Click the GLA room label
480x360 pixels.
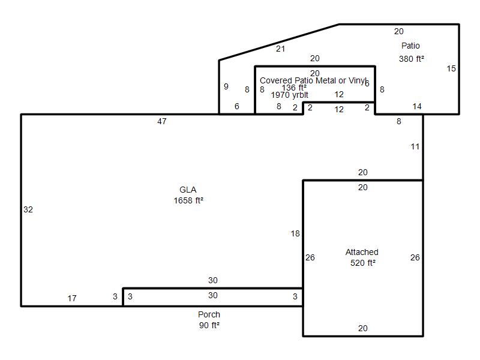coord(188,190)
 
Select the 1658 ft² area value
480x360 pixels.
coord(188,200)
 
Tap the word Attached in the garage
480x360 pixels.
coord(362,252)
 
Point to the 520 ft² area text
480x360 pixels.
coord(363,263)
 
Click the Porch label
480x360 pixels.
coord(209,314)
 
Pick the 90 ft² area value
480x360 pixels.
coord(209,325)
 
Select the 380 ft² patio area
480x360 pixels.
coord(412,59)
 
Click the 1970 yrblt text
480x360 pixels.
coord(290,95)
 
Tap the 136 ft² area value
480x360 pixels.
coord(294,88)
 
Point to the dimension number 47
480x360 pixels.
coord(162,122)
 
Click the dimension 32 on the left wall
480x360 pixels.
coord(28,209)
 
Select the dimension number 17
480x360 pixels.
coord(72,298)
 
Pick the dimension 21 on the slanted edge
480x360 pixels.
coord(280,49)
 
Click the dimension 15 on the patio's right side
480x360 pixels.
coord(451,69)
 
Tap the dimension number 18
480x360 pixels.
coord(295,234)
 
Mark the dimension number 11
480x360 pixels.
coord(415,147)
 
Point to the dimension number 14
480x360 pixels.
coord(417,107)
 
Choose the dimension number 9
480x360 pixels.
coord(226,86)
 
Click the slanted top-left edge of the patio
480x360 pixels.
coord(279,42)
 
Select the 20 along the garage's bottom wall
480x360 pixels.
coord(363,328)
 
